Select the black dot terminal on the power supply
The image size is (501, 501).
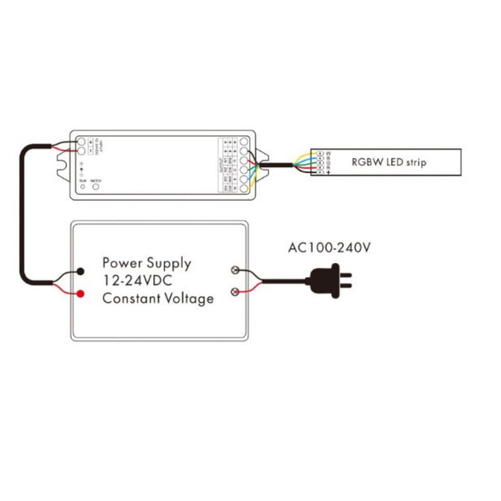pyautogui.click(x=81, y=272)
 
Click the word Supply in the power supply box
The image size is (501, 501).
pyautogui.click(x=167, y=264)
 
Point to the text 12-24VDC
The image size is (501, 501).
pyautogui.click(x=138, y=282)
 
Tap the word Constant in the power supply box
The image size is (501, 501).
pyautogui.click(x=129, y=299)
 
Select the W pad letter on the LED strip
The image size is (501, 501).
pyautogui.click(x=328, y=152)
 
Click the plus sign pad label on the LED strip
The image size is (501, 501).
pyautogui.click(x=328, y=173)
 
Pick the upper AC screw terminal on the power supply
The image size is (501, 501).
pyautogui.click(x=235, y=270)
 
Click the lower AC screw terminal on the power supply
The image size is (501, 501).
pyautogui.click(x=235, y=292)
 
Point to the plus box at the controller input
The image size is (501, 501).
pyautogui.click(x=90, y=142)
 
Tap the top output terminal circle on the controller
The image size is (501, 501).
pyautogui.click(x=246, y=142)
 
